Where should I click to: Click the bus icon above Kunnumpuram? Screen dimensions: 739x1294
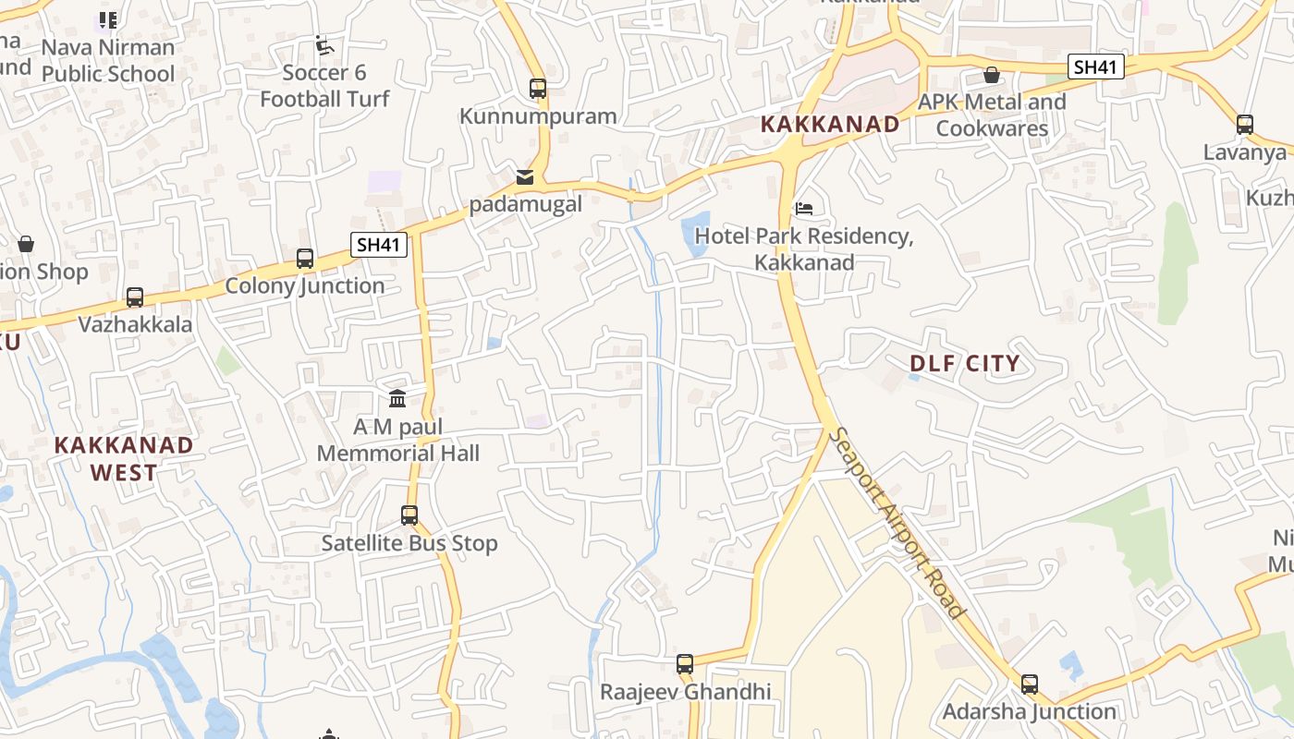click(x=538, y=89)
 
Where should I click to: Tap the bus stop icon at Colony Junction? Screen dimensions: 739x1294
click(x=305, y=259)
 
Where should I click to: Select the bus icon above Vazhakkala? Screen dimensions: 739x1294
click(x=135, y=297)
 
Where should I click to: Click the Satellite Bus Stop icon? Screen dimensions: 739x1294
click(x=409, y=515)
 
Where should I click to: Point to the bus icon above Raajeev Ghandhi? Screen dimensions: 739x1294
click(x=685, y=664)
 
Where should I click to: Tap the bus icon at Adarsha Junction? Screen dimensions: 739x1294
click(x=1030, y=684)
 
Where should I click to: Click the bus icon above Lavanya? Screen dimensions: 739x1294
click(x=1245, y=125)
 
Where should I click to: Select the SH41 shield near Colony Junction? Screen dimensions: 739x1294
click(x=379, y=245)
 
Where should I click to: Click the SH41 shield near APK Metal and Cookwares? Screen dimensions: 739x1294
click(x=1096, y=67)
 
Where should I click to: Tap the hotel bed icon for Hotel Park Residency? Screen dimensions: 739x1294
click(x=804, y=209)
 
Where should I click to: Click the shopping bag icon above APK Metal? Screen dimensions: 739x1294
click(x=992, y=75)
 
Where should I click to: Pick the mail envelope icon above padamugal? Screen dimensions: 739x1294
click(x=525, y=176)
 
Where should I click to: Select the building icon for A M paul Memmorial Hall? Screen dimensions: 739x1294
click(x=397, y=398)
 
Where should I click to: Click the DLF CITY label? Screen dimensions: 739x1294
click(x=964, y=363)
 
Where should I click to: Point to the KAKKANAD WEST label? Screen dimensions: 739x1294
click(x=124, y=458)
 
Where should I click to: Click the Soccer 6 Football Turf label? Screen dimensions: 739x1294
click(x=324, y=86)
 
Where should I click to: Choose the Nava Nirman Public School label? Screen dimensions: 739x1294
click(x=108, y=60)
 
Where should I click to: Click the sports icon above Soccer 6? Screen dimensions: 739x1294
click(x=323, y=45)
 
